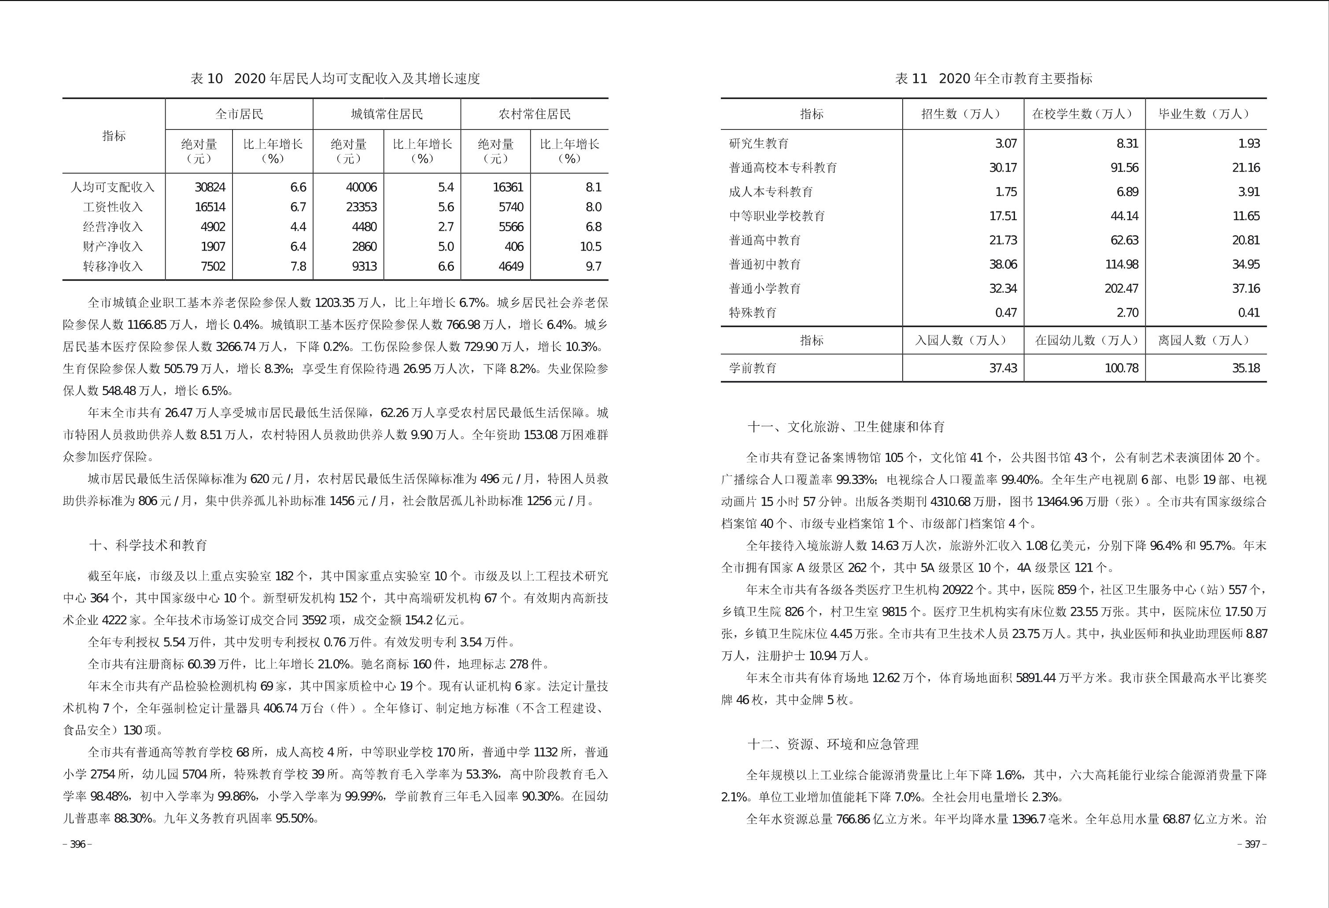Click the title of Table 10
pos(335,79)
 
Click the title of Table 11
pos(993,79)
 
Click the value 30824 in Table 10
pos(210,188)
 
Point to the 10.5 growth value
pos(590,247)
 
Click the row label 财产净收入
pos(113,247)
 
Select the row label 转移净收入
pos(113,266)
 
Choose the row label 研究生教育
pos(759,144)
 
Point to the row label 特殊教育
pos(753,313)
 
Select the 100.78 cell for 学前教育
pos(1122,368)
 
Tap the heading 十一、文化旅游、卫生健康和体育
pos(846,427)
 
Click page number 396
pos(77,845)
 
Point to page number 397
pos(1252,845)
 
